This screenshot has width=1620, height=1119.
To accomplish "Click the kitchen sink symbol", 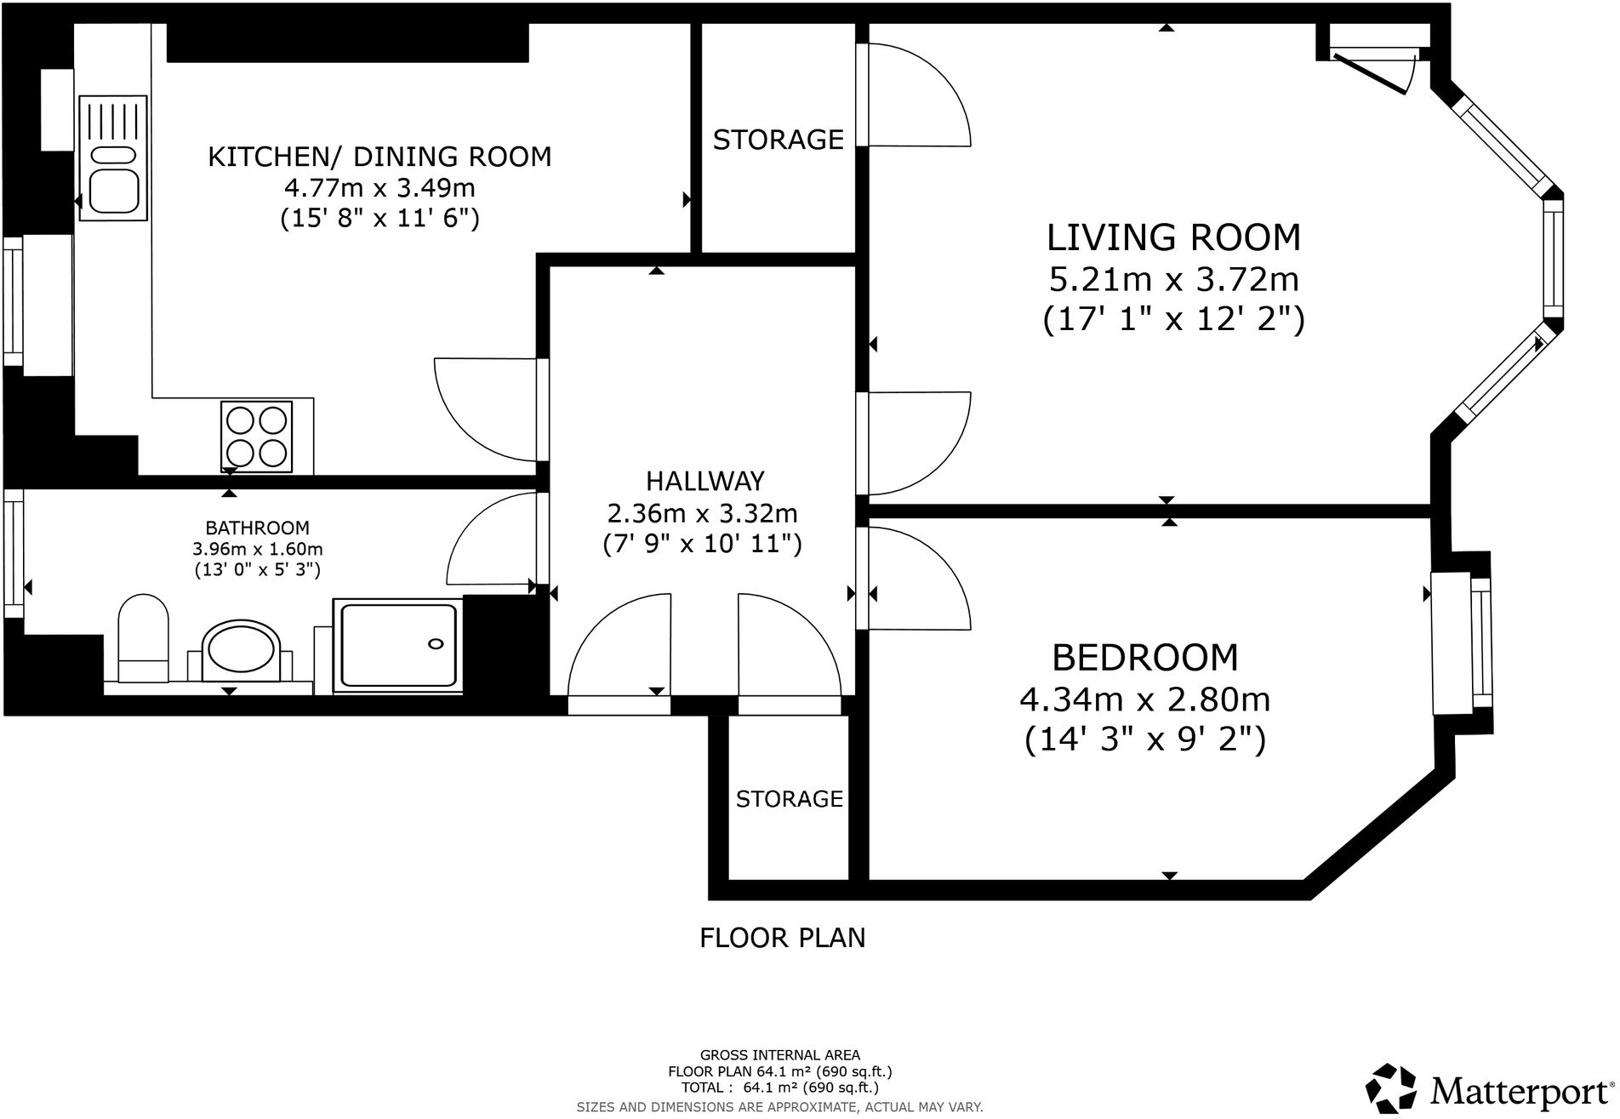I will (113, 159).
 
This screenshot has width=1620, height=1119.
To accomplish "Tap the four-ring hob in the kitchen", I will (256, 436).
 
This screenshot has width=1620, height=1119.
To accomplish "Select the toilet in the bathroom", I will (143, 638).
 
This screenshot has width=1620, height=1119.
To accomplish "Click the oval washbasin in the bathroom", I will (239, 650).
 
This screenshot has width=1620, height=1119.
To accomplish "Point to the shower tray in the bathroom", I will (398, 644).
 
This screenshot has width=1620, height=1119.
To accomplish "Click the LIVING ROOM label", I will (1173, 237).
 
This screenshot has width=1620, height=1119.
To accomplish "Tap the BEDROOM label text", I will (1145, 658).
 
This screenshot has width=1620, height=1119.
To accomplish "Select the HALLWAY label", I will (704, 481).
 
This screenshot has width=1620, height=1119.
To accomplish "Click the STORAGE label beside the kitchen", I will (778, 140).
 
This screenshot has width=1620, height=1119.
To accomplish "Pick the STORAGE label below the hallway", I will (789, 798).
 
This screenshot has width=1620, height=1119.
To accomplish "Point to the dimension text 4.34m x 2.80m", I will (1145, 699).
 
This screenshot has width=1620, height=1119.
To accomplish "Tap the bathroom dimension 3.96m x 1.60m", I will (258, 549).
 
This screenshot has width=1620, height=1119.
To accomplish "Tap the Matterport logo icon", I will (1391, 1088).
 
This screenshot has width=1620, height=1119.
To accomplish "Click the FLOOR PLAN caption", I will (782, 938).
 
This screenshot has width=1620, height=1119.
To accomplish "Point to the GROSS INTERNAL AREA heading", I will (779, 1055).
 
